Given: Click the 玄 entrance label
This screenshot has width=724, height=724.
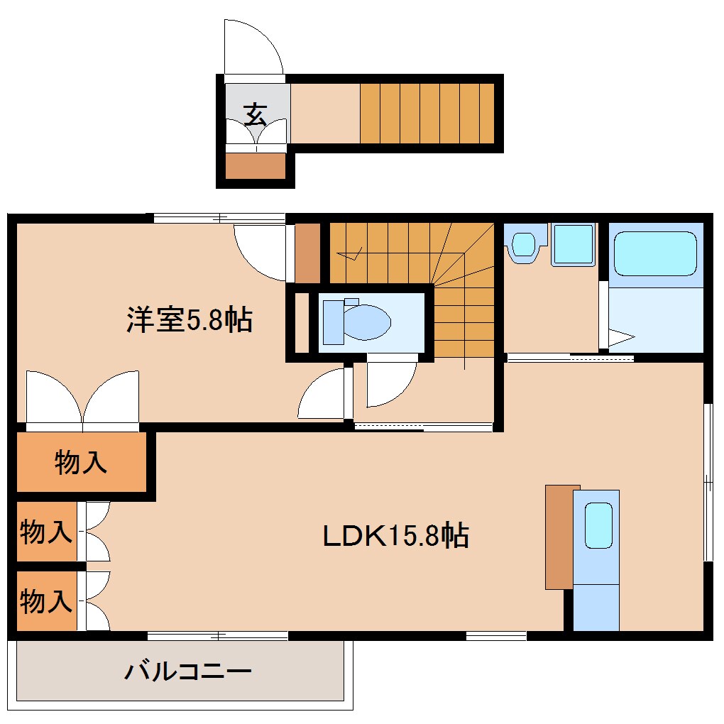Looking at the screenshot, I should pyautogui.click(x=256, y=114).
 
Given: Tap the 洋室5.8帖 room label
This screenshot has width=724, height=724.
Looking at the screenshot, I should pyautogui.click(x=190, y=320).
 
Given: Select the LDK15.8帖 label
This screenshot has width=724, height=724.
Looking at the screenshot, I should pyautogui.click(x=395, y=534).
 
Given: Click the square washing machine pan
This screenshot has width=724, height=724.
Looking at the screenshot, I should pyautogui.click(x=573, y=245).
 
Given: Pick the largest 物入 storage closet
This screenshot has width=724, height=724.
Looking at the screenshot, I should pyautogui.click(x=80, y=462).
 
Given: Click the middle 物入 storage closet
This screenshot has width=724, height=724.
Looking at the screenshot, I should pyautogui.click(x=46, y=532).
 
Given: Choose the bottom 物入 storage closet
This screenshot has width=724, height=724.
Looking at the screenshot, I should pyautogui.click(x=46, y=601).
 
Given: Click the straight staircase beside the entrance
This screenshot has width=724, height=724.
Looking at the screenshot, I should pyautogui.click(x=427, y=114).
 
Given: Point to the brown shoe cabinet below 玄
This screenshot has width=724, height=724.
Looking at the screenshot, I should pyautogui.click(x=255, y=166).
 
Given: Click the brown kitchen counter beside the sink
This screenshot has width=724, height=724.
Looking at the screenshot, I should pyautogui.click(x=559, y=537).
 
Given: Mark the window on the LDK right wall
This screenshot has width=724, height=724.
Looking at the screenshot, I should pyautogui.click(x=708, y=483).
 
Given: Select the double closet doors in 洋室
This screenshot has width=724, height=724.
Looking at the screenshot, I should pyautogui.click(x=83, y=399).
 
